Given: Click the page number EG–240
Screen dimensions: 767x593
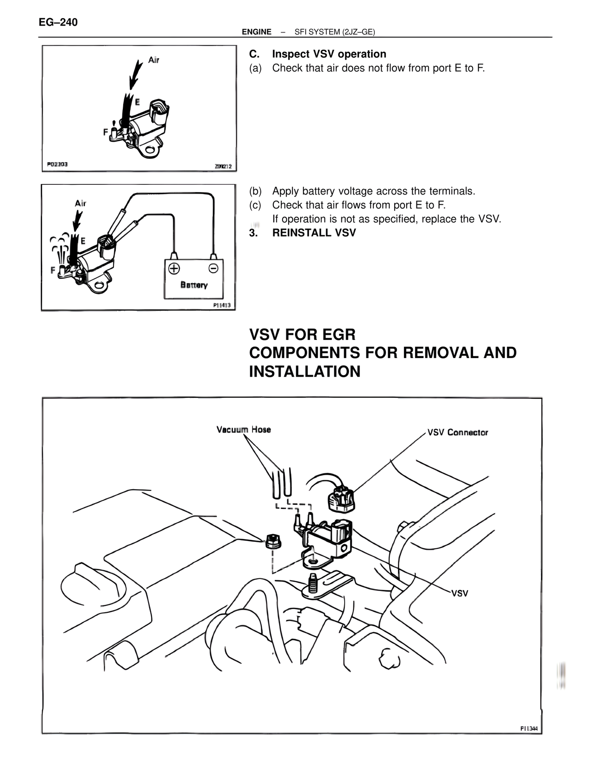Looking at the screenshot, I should click(58, 22).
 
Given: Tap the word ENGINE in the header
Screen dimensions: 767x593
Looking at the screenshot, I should click(256, 32).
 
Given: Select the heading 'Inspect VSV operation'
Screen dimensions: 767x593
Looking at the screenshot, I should click(329, 54).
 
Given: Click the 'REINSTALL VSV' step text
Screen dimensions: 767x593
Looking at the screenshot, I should click(314, 233).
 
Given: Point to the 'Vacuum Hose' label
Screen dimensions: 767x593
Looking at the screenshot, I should click(243, 429).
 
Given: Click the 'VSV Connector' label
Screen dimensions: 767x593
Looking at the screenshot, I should click(457, 433).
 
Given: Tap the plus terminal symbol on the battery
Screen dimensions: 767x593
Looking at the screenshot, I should click(174, 268).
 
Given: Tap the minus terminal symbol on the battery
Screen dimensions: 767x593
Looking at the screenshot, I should click(213, 268).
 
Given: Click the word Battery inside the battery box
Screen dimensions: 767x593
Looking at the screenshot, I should click(194, 285).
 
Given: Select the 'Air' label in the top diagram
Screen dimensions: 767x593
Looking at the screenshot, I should click(154, 60).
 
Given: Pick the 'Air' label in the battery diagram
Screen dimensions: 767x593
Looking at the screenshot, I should click(81, 203).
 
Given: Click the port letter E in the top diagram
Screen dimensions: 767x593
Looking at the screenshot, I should click(138, 101).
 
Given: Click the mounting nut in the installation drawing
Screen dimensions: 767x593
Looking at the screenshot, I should click(272, 541).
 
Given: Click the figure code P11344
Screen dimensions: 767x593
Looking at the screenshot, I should click(529, 729).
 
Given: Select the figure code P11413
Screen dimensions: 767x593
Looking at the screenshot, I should click(222, 305).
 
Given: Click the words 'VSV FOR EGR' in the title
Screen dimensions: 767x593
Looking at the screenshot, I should click(302, 334).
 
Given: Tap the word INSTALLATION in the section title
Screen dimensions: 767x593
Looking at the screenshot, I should click(304, 371).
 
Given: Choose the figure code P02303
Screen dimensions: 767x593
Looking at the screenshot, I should click(57, 164).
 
